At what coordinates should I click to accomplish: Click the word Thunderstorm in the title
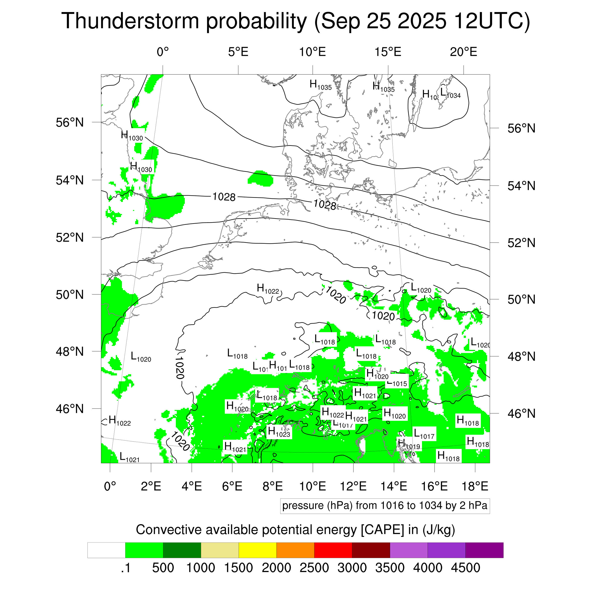click(130, 22)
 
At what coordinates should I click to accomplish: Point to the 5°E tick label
click(238, 52)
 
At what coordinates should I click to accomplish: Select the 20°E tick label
click(463, 52)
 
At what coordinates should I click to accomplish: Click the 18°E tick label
click(475, 486)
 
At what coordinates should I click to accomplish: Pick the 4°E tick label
click(191, 486)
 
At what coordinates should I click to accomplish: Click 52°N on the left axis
click(70, 237)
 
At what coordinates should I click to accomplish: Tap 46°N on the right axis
click(521, 413)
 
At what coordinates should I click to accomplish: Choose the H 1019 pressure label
click(409, 444)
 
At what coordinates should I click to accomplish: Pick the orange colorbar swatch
click(295, 550)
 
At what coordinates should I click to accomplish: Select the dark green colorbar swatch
click(182, 550)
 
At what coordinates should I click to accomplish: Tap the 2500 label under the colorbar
click(314, 568)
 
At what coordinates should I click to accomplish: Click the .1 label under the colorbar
click(126, 568)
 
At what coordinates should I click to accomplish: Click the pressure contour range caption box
click(385, 506)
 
